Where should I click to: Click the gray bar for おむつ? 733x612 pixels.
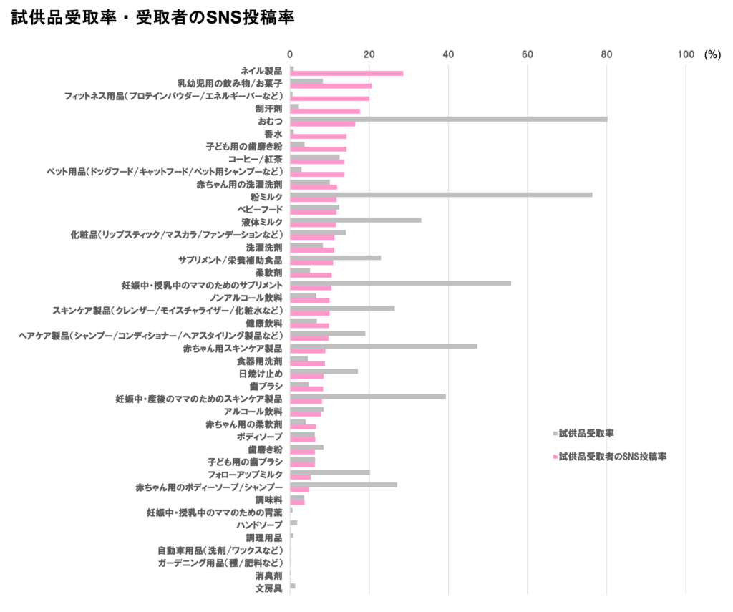[449, 119]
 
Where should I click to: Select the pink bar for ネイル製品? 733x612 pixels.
[346, 73]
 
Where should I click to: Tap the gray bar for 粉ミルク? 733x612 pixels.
[441, 194]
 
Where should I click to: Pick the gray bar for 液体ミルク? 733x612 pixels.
[355, 220]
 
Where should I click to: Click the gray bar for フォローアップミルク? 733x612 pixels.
[330, 472]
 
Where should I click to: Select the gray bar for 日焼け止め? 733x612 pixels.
[324, 371]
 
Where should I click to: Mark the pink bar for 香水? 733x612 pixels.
[319, 136]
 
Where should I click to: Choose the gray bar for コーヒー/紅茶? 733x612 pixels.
[315, 157]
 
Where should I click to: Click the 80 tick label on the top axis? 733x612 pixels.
[606, 54]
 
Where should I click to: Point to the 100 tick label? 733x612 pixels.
[686, 54]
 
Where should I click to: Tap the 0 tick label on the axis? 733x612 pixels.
[290, 54]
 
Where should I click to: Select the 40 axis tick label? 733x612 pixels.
[448, 54]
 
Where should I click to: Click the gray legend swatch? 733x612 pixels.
[555, 434]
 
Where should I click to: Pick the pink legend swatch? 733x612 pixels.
[555, 456]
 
